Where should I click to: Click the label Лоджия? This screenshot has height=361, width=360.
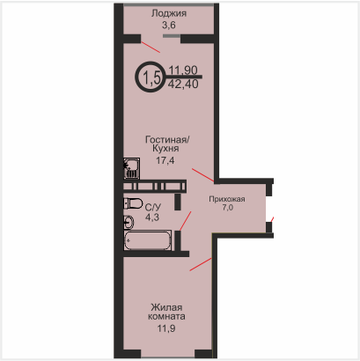[x=169, y=13]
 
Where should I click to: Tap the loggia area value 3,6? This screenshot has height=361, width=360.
[x=169, y=26]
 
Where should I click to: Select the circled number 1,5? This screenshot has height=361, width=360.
[x=151, y=77]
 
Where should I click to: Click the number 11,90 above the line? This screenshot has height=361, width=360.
[x=183, y=70]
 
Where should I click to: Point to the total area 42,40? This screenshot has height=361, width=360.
[x=183, y=85]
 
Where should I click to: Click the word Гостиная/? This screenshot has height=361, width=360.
[x=167, y=139]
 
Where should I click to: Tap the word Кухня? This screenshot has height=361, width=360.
[x=165, y=149]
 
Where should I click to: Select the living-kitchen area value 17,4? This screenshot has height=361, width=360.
[x=165, y=160]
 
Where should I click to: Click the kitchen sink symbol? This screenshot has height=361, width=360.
[x=131, y=168]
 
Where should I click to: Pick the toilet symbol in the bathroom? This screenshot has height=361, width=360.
[x=133, y=203]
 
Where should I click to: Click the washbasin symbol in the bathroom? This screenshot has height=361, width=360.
[x=129, y=222]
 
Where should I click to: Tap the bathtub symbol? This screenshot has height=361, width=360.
[x=148, y=240]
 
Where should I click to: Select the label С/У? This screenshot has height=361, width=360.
[x=153, y=208]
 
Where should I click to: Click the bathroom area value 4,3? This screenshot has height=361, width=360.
[x=152, y=217]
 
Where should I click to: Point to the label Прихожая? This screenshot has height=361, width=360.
[x=227, y=199]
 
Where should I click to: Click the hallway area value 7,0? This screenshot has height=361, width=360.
[x=228, y=208]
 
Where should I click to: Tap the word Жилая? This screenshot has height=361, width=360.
[x=166, y=307]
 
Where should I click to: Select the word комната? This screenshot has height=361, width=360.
[x=166, y=317]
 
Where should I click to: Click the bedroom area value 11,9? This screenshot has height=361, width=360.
[x=166, y=328]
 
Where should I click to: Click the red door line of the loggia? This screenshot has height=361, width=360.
[x=151, y=48]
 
